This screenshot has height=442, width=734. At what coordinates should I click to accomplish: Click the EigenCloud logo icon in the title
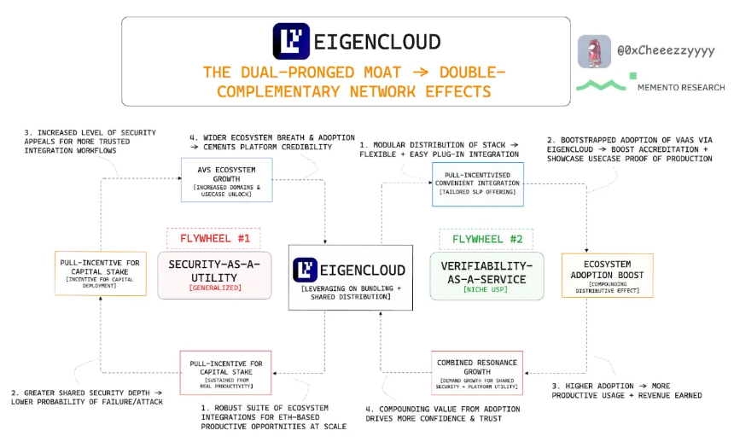pyautogui.click(x=291, y=41)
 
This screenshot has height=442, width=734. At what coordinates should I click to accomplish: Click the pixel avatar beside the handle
pyautogui.click(x=594, y=51)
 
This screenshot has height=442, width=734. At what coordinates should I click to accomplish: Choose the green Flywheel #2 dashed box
pyautogui.click(x=486, y=238)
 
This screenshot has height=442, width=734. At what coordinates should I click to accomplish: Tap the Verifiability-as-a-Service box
pyautogui.click(x=486, y=275)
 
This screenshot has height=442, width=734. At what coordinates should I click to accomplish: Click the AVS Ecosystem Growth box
pyautogui.click(x=226, y=179)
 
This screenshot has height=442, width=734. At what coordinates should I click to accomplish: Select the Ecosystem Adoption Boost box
pyautogui.click(x=607, y=275)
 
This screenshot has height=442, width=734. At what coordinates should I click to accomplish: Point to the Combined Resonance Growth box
pyautogui.click(x=476, y=373)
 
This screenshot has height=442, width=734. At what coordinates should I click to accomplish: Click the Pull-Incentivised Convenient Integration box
pyautogui.click(x=465, y=183)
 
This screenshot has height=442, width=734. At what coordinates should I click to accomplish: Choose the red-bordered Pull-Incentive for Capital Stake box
pyautogui.click(x=226, y=373)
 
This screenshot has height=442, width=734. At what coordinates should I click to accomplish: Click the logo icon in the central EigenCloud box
pyautogui.click(x=306, y=270)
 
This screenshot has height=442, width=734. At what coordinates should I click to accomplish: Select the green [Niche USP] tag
pyautogui.click(x=486, y=289)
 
